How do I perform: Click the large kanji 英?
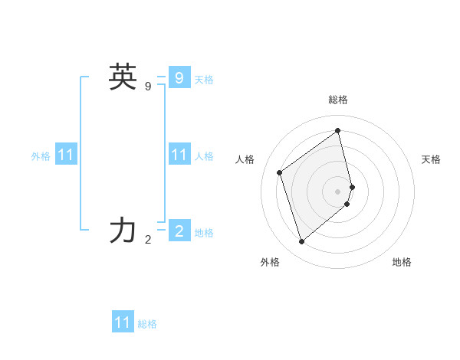tap(123, 77)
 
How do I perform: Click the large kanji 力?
tap(123, 231)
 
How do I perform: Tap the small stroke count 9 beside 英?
tap(148, 87)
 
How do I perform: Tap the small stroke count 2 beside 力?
tap(148, 240)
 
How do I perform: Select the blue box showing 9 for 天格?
tap(179, 77)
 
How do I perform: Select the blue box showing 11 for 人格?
tap(179, 155)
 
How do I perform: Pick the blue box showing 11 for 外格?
tap(66, 155)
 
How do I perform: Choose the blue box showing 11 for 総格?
tap(123, 322)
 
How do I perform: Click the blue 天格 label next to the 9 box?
tap(204, 80)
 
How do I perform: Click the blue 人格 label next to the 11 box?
tap(204, 156)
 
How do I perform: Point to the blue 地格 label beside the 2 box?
tap(204, 233)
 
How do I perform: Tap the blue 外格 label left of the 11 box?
tap(41, 156)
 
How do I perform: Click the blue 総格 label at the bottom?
tap(147, 324)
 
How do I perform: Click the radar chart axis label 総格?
tap(338, 100)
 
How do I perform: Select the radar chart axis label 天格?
tap(431, 159)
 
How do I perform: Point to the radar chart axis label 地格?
tap(402, 262)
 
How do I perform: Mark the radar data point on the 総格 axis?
tap(338, 131)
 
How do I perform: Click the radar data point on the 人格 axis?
tap(280, 172)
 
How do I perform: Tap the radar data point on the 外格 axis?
tap(301, 242)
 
